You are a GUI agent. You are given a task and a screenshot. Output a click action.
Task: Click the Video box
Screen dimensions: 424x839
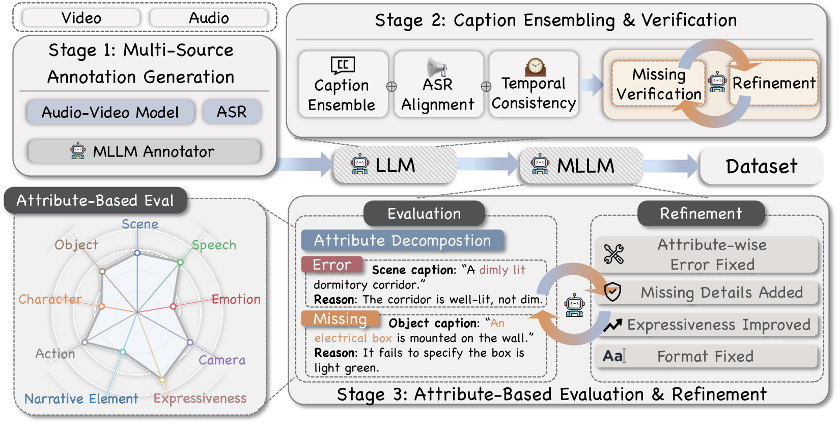pyautogui.click(x=81, y=18)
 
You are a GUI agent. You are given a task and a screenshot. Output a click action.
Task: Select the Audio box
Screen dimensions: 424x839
pyautogui.click(x=209, y=18)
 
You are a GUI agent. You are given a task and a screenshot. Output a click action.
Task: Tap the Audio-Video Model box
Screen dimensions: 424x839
pyautogui.click(x=110, y=112)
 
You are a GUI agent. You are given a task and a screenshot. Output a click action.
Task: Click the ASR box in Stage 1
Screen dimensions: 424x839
pyautogui.click(x=232, y=112)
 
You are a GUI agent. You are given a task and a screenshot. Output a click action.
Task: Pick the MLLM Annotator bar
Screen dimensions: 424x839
pyautogui.click(x=144, y=151)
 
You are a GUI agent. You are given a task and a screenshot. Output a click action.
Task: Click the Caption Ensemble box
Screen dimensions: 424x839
pyautogui.click(x=343, y=85)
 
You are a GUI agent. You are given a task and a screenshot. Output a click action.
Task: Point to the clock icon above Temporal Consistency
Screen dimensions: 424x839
pyautogui.click(x=535, y=66)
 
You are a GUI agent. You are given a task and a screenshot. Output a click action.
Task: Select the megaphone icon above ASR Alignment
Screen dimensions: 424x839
pyautogui.click(x=436, y=67)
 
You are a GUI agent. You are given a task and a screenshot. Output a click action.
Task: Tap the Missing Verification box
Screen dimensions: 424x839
pyautogui.click(x=659, y=84)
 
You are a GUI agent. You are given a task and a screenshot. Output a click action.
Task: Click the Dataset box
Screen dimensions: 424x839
pyautogui.click(x=761, y=166)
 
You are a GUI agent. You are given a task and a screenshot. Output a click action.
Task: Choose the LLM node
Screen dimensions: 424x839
pyautogui.click(x=395, y=165)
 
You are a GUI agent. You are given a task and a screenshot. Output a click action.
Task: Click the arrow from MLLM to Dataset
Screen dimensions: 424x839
pyautogui.click(x=671, y=166)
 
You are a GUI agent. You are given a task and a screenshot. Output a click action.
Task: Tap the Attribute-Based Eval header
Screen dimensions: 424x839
pyautogui.click(x=95, y=200)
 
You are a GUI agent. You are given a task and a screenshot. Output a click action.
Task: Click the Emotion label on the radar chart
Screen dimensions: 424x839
pyautogui.click(x=236, y=299)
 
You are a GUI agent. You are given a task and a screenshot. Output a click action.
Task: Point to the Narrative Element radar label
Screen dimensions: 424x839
pyautogui.click(x=81, y=399)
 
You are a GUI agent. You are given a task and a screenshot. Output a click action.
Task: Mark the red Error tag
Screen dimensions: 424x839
pyautogui.click(x=332, y=265)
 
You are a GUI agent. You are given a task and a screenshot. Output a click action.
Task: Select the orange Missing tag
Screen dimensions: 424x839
pyautogui.click(x=340, y=319)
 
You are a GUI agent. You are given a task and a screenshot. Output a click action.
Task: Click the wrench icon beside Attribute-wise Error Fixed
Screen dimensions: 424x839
pyautogui.click(x=613, y=254)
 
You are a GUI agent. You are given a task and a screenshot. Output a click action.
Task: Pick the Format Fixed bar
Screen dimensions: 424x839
pyautogui.click(x=706, y=356)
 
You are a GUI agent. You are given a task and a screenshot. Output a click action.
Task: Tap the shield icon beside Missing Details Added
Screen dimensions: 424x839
pyautogui.click(x=612, y=292)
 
